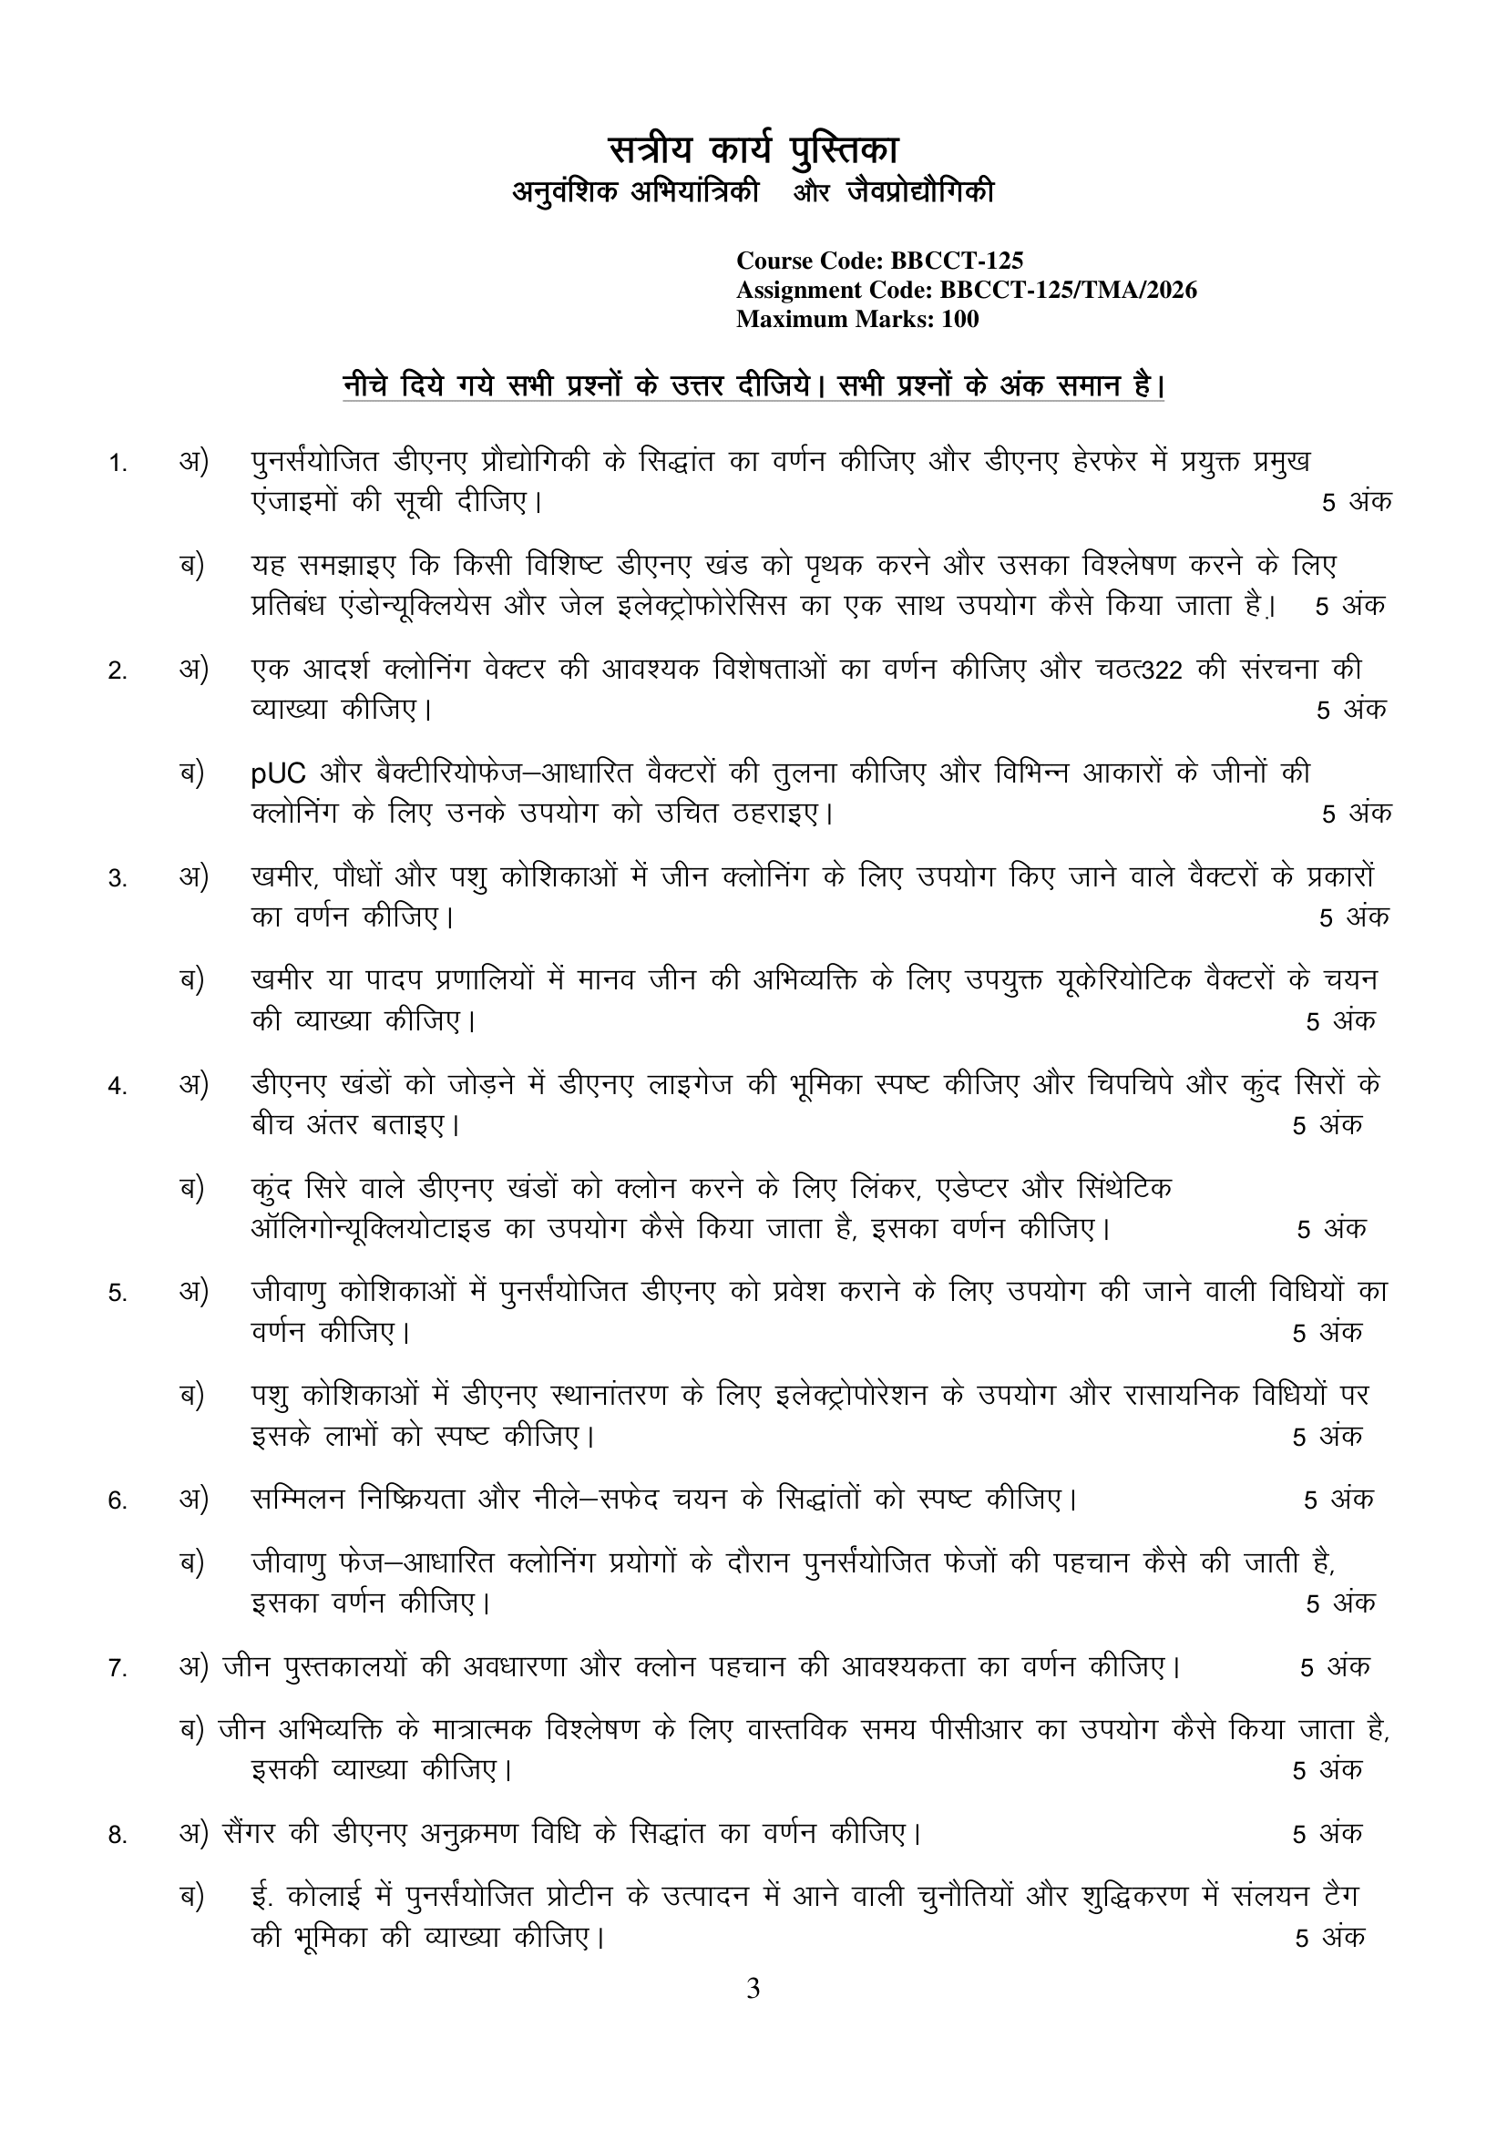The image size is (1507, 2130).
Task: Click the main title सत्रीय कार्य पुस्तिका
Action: coord(753,149)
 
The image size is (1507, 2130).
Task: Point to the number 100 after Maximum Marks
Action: coord(959,320)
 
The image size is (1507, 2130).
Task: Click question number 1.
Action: coord(117,463)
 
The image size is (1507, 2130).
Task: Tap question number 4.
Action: coord(117,1086)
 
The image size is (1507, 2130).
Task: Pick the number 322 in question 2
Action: coord(1154,671)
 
